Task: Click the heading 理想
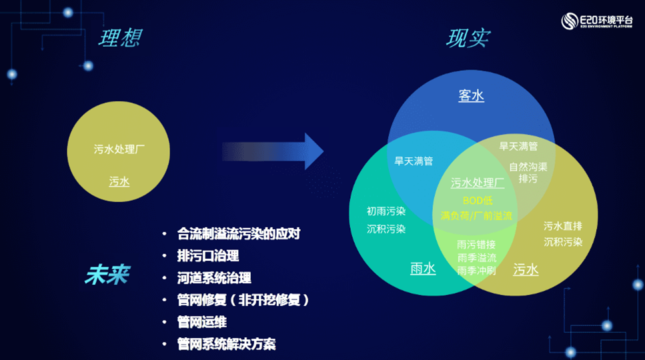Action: (x=121, y=37)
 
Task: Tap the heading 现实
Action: (x=468, y=39)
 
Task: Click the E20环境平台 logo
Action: (x=596, y=21)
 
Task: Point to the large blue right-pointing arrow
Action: (x=273, y=151)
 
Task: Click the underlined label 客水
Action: (x=471, y=96)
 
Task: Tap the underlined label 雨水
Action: (x=422, y=269)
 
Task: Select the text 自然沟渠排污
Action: (x=528, y=173)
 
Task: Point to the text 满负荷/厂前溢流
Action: (x=476, y=216)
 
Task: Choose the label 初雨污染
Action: (x=386, y=212)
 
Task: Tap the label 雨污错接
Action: (x=476, y=244)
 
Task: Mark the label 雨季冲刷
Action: (x=476, y=271)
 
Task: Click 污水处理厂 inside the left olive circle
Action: (x=119, y=149)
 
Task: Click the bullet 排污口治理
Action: (x=207, y=256)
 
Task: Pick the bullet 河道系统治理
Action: (x=213, y=278)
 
